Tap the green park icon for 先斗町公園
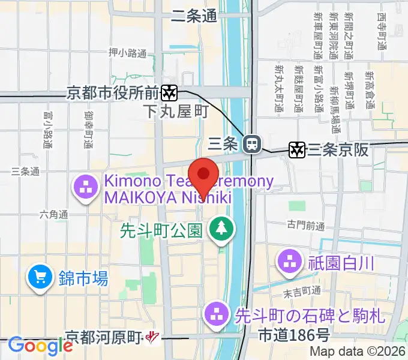tap(221, 228)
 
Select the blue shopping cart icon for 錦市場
tap(40, 278)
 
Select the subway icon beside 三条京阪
tap(296, 149)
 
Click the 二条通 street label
tap(194, 17)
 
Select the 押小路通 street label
tap(127, 53)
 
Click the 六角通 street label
tap(55, 214)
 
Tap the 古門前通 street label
tap(305, 226)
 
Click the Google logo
tap(40, 346)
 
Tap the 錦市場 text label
tap(83, 278)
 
